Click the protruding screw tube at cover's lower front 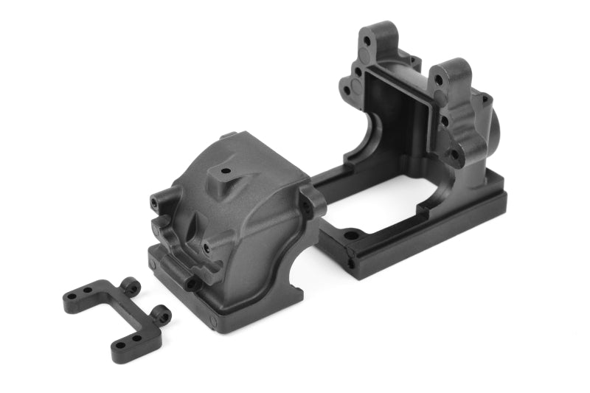194,282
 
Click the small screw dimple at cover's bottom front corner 214,321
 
